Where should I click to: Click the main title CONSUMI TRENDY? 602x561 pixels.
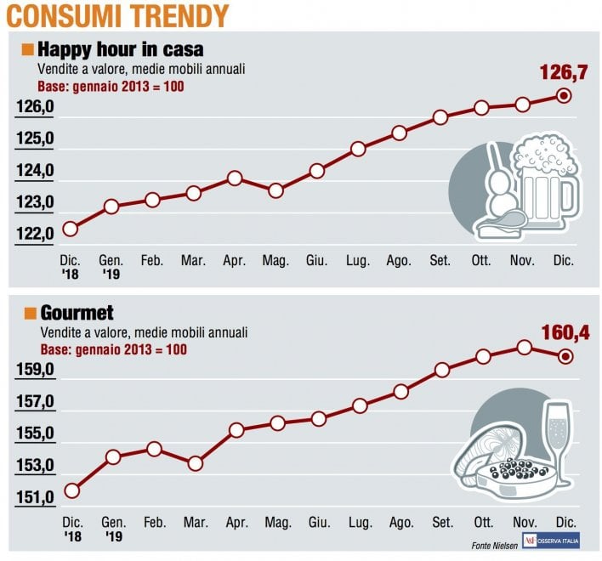(117, 15)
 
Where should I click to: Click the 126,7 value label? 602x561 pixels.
(564, 72)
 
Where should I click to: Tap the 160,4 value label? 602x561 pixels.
(565, 332)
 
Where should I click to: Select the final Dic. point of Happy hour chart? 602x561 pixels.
(564, 96)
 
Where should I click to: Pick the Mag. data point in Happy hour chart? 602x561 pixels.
(275, 190)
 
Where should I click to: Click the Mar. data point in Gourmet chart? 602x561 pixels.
(196, 463)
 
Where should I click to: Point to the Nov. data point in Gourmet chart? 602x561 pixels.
(525, 348)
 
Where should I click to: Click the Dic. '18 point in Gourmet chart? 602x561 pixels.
(72, 490)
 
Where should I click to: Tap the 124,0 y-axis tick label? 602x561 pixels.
(35, 170)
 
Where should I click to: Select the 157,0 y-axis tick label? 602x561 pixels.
(36, 401)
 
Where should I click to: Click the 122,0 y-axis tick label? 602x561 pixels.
(35, 233)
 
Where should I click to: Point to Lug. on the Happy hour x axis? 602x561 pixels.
(358, 261)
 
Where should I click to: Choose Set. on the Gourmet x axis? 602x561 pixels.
(442, 522)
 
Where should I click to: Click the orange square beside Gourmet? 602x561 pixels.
(30, 313)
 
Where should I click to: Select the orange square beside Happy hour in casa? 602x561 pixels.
(28, 50)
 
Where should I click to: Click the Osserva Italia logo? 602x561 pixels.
(551, 541)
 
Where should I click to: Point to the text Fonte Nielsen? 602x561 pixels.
(495, 545)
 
